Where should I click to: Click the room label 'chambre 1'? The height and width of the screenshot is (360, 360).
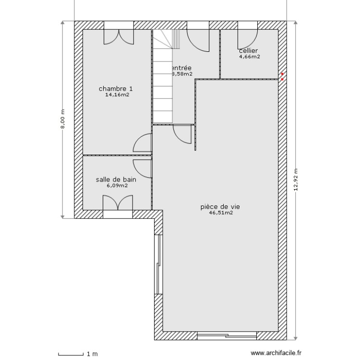[116, 89]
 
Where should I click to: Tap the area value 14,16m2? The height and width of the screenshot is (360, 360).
[117, 95]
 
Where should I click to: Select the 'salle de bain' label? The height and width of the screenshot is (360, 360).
[116, 180]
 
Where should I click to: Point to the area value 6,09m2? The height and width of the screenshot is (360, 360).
[117, 186]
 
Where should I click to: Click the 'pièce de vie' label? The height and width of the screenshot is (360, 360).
[220, 207]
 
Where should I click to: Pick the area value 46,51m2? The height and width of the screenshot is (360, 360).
[221, 213]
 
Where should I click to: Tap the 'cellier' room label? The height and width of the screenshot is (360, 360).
[248, 50]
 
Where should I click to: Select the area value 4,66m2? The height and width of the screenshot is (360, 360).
[250, 57]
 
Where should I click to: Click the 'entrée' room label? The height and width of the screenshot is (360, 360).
[181, 68]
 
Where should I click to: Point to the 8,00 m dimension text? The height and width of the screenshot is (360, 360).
[62, 120]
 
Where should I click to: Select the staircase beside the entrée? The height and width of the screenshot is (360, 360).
[163, 77]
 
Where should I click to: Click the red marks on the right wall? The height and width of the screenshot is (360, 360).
[282, 76]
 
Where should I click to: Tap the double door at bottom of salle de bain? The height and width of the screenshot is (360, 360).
[117, 204]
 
